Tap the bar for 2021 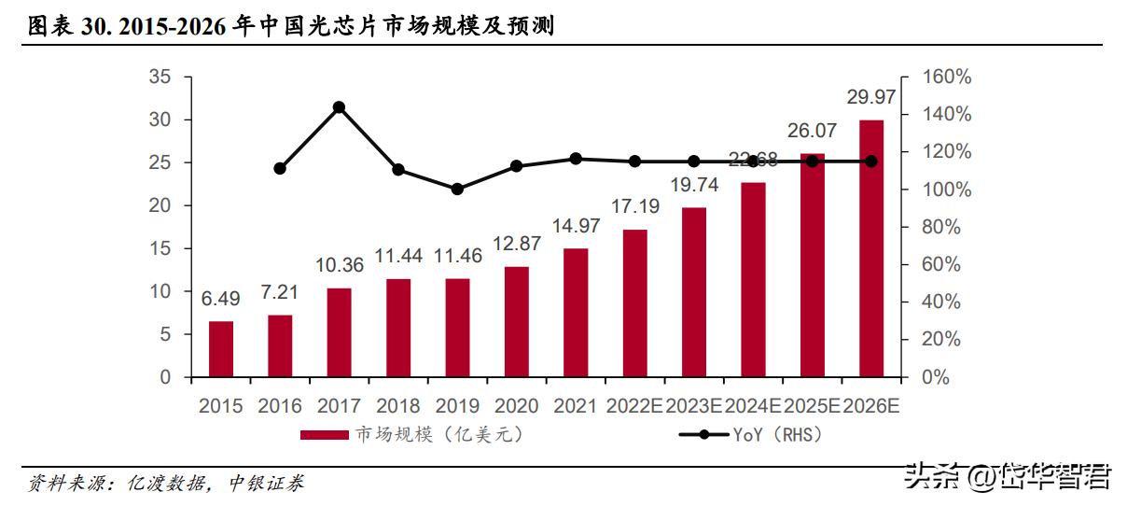tap(576, 313)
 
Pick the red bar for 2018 tap(398, 328)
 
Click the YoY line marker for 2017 tap(339, 107)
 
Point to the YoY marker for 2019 tap(457, 189)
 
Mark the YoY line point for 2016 tap(280, 168)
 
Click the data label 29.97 tap(870, 97)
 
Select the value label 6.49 tap(221, 299)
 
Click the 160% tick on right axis tap(946, 77)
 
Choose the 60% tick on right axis tap(941, 264)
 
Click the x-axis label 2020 tap(516, 406)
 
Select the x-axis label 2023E tap(693, 406)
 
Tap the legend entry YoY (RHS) tap(751, 435)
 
